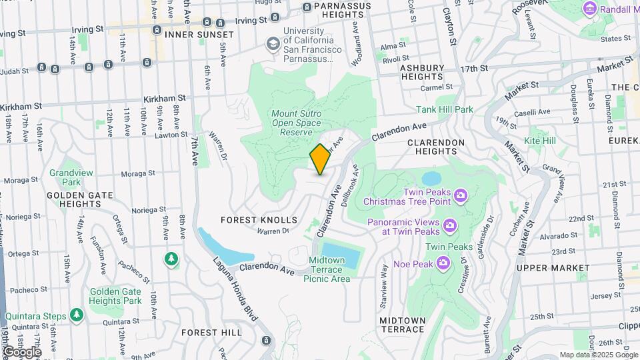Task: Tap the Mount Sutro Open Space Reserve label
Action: pos(296,123)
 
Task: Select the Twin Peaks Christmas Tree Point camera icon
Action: pos(460,195)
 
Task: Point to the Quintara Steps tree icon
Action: pos(77,314)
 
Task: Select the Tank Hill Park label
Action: pos(445,109)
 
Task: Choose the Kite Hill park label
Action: pos(539,141)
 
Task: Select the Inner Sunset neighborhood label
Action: pos(199,34)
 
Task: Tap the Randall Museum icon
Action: pos(589,8)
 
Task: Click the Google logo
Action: pos(22,351)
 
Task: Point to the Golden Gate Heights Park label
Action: pos(115,296)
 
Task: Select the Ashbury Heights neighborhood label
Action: pos(421,73)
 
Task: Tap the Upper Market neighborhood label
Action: pos(553,267)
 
